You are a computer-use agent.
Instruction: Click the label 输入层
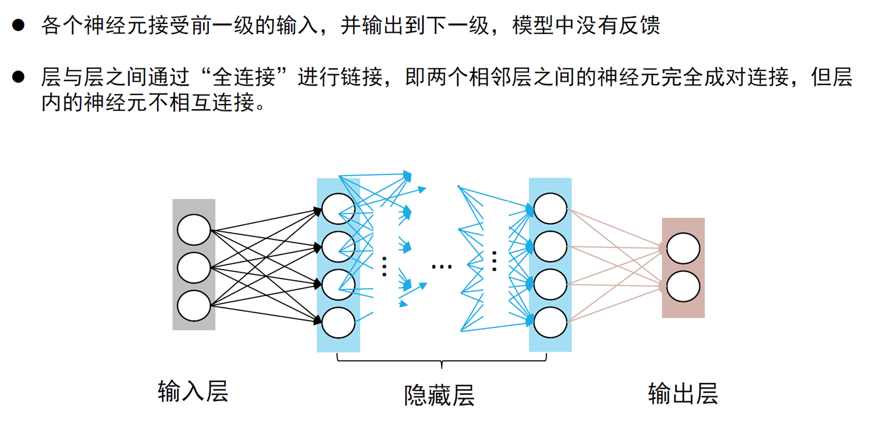(192, 391)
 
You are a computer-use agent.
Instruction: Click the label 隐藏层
(439, 395)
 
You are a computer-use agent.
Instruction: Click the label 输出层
(682, 394)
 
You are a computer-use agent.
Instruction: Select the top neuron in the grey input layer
(194, 230)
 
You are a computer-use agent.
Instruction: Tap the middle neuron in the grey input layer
(194, 268)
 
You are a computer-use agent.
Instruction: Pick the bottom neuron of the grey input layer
(194, 306)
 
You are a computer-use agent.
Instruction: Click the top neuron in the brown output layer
(683, 248)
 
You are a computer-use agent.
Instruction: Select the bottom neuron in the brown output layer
(683, 287)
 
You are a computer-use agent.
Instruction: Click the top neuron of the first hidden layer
(338, 209)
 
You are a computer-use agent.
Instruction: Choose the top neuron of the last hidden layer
(550, 209)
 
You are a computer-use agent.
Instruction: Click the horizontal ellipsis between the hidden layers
(442, 267)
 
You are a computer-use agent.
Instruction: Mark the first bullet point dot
(19, 25)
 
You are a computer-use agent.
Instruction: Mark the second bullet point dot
(19, 76)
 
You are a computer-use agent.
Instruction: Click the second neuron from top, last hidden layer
(550, 247)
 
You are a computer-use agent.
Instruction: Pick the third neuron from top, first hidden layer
(338, 285)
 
